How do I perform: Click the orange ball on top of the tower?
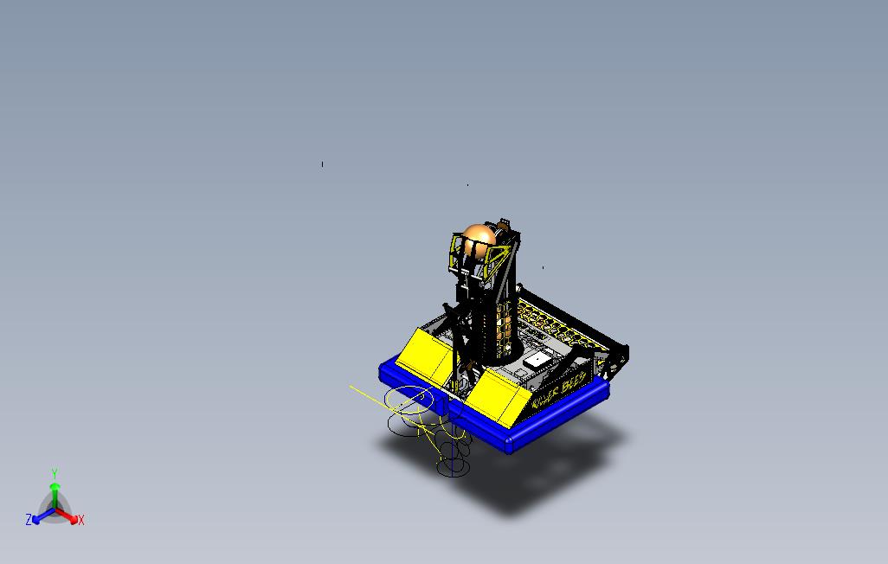coord(478,240)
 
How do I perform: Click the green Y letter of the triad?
coord(55,473)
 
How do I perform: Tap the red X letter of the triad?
coord(81,520)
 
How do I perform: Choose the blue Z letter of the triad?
coord(29,520)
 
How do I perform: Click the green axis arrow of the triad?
coord(55,491)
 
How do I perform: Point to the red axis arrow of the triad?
coord(70,516)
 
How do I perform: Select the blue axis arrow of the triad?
coord(40,516)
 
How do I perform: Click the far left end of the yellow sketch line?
coord(351,387)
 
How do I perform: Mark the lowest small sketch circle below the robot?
coord(451,467)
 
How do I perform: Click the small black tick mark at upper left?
coord(323,163)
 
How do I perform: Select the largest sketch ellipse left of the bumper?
coord(409,399)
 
